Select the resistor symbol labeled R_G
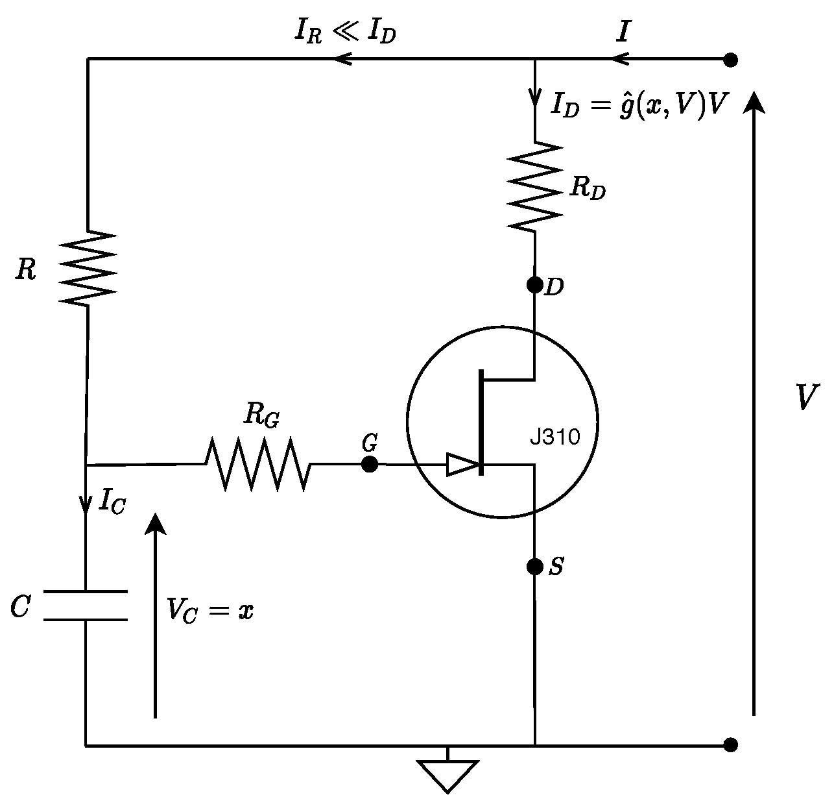pos(257,464)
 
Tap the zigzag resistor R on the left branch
pos(87,267)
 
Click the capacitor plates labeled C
pos(86,606)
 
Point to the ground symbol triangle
pos(447,774)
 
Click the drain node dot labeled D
pos(535,284)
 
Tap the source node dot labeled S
pos(535,567)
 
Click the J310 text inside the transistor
pos(554,437)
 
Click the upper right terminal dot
pos(731,60)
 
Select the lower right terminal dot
pos(731,744)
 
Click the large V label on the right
pos(806,397)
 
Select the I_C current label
pos(112,502)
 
